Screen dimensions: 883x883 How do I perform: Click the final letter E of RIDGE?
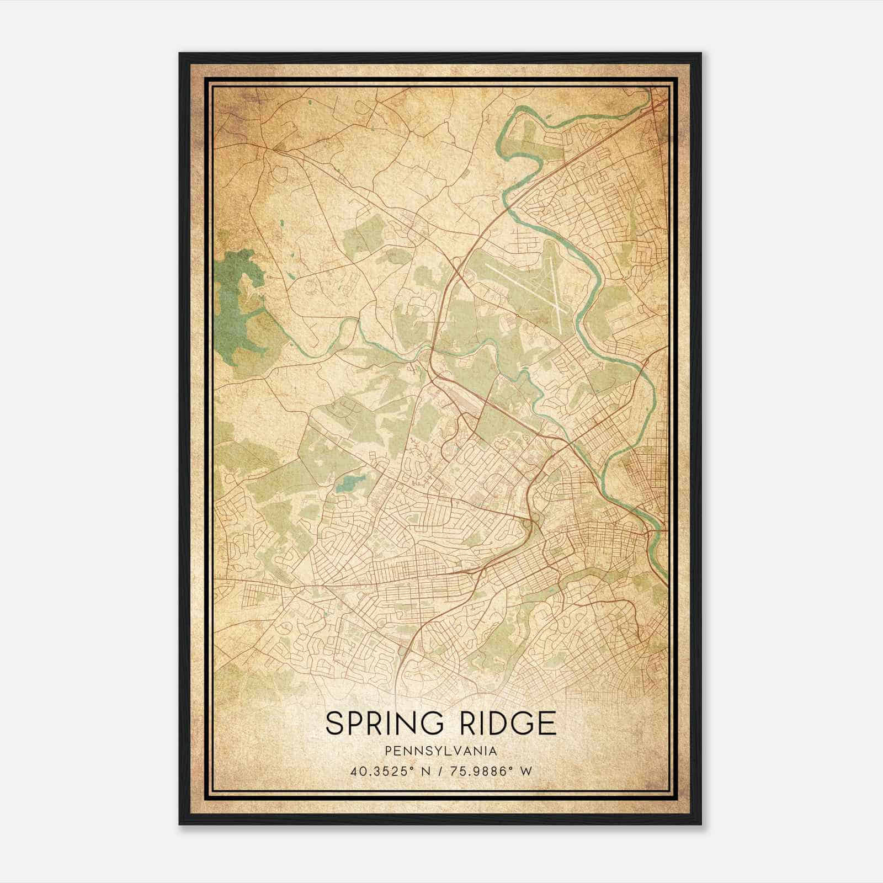tap(548, 724)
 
